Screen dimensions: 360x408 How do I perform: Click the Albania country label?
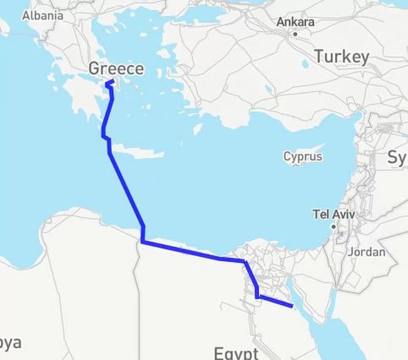tap(43, 16)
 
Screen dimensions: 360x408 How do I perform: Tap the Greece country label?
tap(116, 69)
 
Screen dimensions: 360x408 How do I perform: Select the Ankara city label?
tap(295, 22)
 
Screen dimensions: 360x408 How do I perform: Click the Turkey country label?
tap(342, 57)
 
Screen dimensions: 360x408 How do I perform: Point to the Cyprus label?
tap(303, 156)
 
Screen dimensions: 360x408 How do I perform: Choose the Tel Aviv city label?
tap(334, 215)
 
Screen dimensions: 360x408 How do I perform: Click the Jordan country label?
tap(365, 252)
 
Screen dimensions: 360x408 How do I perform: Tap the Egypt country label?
tap(236, 352)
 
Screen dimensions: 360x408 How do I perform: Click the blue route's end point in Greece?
tap(108, 82)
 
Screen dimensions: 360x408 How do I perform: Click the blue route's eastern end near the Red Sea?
tap(292, 306)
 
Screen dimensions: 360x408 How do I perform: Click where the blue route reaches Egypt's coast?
tap(143, 241)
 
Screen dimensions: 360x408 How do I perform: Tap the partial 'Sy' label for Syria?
tap(397, 157)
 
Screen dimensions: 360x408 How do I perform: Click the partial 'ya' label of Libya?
tap(11, 342)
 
